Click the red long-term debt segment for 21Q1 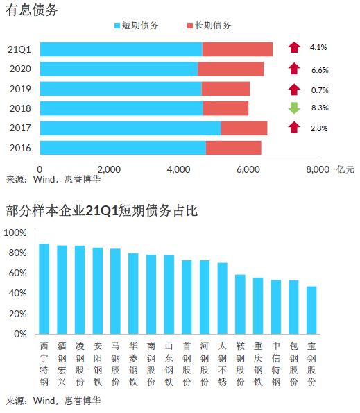tap(237, 49)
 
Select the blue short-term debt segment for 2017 tap(130, 128)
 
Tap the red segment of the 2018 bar tap(225, 108)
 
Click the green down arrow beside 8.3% tap(294, 108)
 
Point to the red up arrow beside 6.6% tap(294, 69)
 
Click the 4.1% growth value tap(318, 47)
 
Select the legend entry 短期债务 tap(137, 25)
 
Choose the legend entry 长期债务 tap(209, 25)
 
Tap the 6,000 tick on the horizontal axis tap(248, 169)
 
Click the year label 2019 tap(20, 89)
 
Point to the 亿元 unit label tap(345, 169)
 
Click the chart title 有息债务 tap(32, 10)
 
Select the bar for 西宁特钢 tap(44, 289)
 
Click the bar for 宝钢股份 tap(311, 310)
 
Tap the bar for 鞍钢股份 tap(240, 305)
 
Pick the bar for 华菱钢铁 tap(133, 294)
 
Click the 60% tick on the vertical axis tap(17, 273)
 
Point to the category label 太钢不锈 tap(223, 364)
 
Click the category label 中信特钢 tap(276, 364)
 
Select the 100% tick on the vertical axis tap(15, 233)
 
